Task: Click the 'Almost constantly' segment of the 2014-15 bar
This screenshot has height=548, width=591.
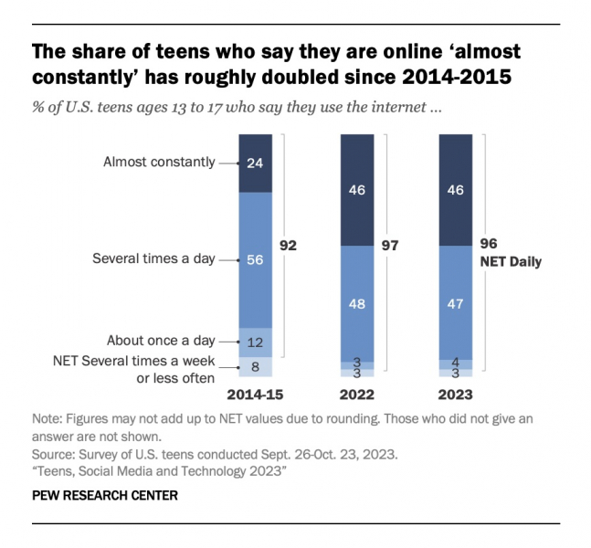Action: coord(255,163)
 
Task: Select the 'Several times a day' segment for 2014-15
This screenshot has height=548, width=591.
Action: coord(255,259)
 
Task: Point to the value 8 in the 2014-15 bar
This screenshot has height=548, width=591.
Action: coord(255,366)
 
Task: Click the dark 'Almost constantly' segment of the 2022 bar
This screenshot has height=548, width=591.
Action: coord(356,190)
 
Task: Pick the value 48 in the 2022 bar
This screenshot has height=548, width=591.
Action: coord(356,302)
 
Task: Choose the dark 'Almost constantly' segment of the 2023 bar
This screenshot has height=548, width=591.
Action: coord(456,190)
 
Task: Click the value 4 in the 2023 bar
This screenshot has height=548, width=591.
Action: coord(456,363)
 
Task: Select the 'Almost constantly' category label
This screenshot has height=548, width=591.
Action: coord(159,163)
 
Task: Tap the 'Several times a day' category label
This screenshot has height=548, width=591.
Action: coord(153,259)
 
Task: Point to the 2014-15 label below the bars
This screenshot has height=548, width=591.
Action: coord(255,396)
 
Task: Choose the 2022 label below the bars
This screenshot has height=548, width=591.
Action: coord(356,396)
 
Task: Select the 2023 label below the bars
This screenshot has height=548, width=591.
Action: coord(456,396)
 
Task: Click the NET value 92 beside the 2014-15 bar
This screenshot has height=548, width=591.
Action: coord(289,246)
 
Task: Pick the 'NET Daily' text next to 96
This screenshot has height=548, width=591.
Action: coord(511,262)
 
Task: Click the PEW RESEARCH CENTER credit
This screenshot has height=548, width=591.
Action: coord(104,496)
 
